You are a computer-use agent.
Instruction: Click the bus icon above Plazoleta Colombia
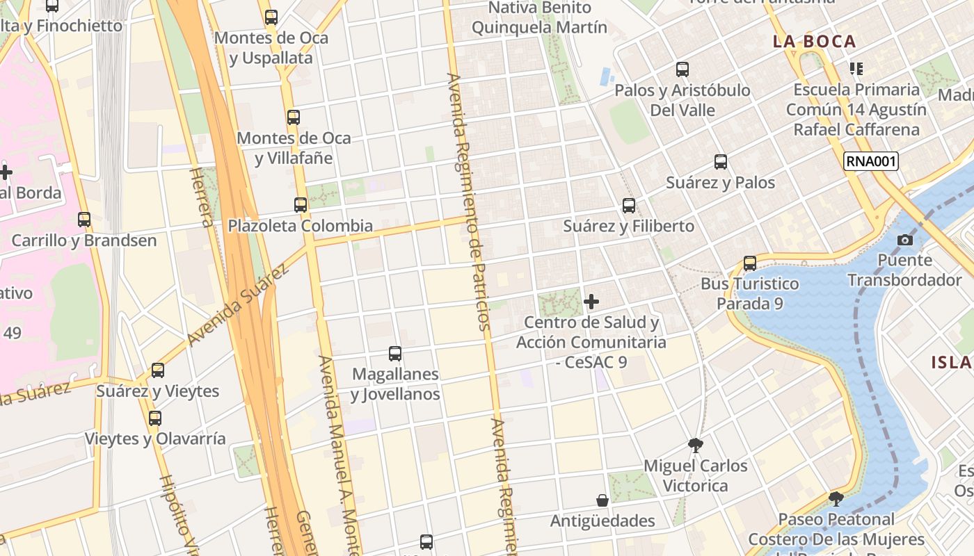[x=301, y=205]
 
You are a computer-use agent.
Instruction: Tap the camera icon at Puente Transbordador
[x=905, y=240]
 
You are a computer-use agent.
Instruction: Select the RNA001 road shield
[x=871, y=162]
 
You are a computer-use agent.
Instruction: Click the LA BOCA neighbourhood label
[x=814, y=42]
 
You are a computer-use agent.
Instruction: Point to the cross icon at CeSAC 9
[x=591, y=302]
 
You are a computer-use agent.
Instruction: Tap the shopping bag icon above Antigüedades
[x=602, y=500]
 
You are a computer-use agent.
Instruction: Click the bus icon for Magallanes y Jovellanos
[x=395, y=353]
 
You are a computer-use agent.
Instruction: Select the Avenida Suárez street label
[x=238, y=304]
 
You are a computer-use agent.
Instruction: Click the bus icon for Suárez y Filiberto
[x=629, y=206]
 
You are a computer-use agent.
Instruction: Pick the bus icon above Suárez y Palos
[x=721, y=162]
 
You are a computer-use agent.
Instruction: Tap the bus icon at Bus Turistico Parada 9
[x=750, y=263]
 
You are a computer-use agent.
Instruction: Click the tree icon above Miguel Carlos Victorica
[x=695, y=445]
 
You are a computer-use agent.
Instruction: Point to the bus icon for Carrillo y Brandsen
[x=84, y=220]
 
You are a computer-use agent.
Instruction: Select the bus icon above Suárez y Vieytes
[x=158, y=370]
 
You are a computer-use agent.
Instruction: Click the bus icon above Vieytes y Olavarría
[x=155, y=418]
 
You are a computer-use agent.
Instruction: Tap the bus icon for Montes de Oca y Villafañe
[x=294, y=117]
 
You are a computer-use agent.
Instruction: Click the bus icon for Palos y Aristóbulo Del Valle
[x=682, y=69]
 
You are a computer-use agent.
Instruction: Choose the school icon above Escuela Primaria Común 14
[x=856, y=69]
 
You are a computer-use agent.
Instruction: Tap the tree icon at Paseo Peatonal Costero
[x=836, y=498]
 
